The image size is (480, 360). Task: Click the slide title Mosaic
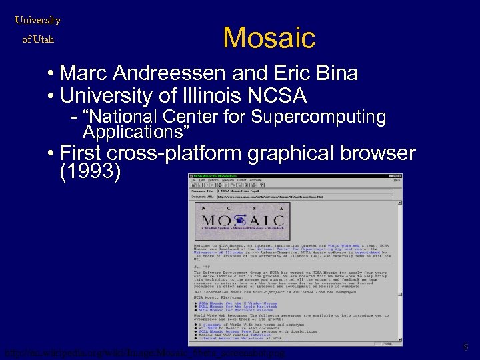pyautogui.click(x=269, y=37)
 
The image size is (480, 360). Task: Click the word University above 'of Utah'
pyautogui.click(x=38, y=20)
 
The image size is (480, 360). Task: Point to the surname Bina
pyautogui.click(x=335, y=73)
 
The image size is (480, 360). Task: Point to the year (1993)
pyautogui.click(x=90, y=173)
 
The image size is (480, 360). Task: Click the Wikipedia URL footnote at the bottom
pyautogui.click(x=143, y=351)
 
